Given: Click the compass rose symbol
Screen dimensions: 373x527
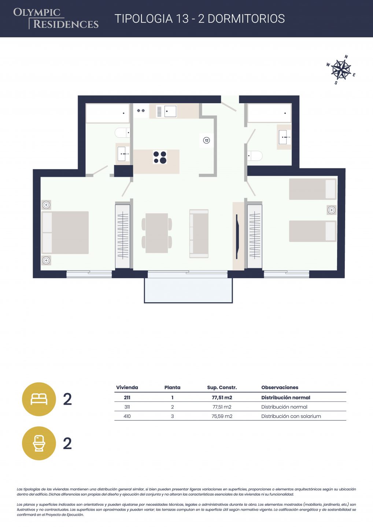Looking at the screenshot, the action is tap(341, 70).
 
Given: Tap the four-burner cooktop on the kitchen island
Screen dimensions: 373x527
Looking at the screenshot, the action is tap(160, 157).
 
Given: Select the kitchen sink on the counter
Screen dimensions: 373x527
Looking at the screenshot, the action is tap(170, 111).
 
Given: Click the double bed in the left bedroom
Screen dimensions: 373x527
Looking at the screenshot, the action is tap(65, 232).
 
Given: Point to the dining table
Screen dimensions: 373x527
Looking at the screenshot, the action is tap(156, 233).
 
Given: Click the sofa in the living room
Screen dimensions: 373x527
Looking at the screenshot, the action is tap(199, 233).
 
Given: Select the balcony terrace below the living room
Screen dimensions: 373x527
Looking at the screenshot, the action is tap(188, 290).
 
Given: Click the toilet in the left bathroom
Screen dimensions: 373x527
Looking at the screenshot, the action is tap(122, 133).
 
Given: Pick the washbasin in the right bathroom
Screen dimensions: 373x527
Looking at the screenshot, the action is tap(284, 137).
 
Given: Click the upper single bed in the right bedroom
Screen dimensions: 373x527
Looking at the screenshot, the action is tap(313, 189).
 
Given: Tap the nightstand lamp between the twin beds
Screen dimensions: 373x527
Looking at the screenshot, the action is tap(332, 210).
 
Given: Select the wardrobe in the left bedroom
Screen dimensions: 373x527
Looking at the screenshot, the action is tap(122, 235).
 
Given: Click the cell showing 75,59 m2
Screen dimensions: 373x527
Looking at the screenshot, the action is tap(222, 416).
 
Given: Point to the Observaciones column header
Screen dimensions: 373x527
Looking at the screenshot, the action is tap(280, 387).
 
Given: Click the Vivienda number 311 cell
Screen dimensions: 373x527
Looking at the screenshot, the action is tap(127, 407).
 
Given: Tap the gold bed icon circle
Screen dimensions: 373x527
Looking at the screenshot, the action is tap(39, 399).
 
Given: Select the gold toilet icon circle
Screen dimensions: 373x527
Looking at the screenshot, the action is tap(39, 443).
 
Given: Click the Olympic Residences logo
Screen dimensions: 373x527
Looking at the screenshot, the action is tap(56, 18).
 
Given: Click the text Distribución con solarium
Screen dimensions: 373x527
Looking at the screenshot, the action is tap(291, 416).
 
